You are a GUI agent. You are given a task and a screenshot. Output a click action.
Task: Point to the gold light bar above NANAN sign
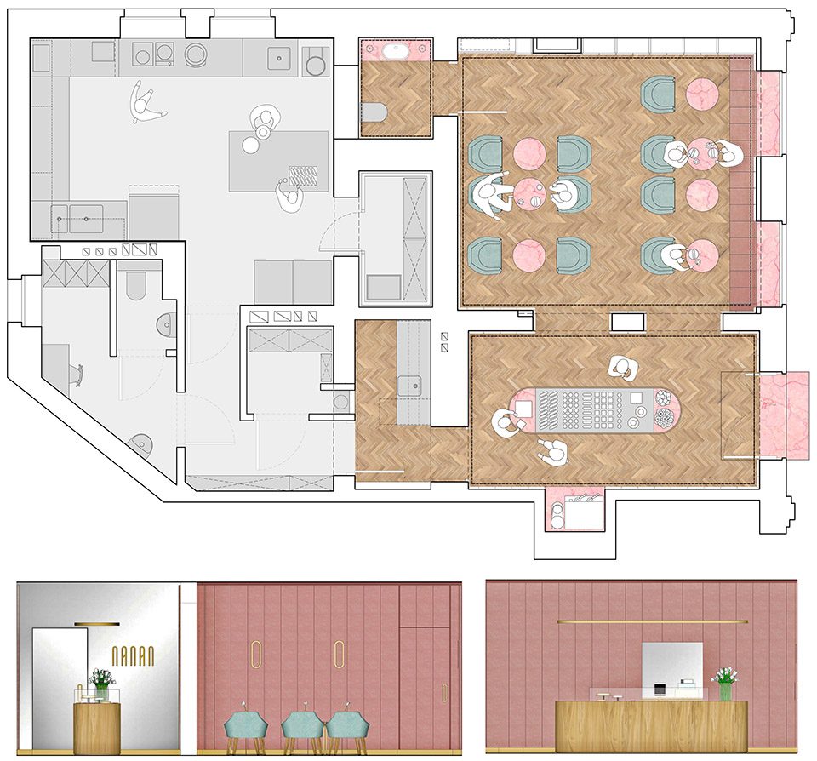97,623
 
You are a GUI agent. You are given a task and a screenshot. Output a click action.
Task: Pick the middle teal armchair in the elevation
303,727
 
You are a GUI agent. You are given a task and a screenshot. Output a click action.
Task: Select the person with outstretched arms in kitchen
145,102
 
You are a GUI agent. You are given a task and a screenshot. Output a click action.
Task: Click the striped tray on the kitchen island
303,175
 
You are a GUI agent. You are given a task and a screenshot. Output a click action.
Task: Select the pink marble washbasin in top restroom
396,50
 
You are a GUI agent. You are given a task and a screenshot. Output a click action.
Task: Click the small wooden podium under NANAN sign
97,728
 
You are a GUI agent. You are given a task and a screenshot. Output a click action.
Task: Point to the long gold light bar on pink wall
653,621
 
